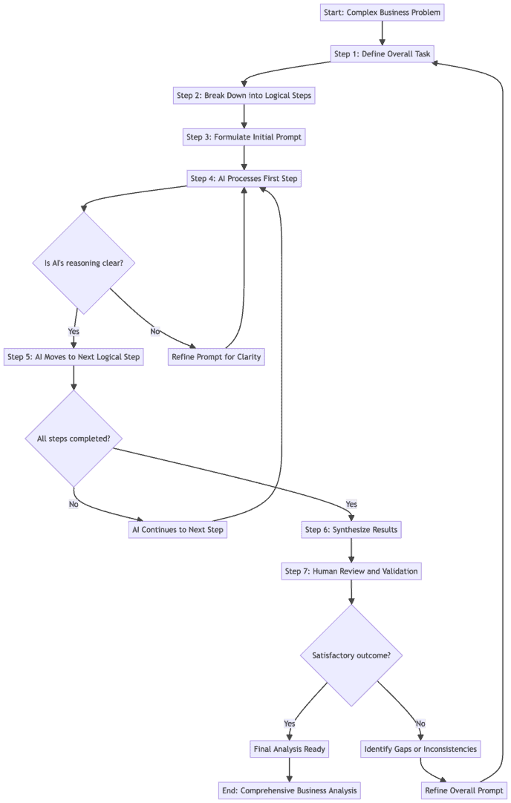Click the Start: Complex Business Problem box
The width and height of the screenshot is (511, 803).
tap(383, 13)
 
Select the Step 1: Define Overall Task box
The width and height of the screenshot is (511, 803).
tap(383, 54)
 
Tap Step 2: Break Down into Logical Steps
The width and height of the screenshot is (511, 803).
tap(244, 96)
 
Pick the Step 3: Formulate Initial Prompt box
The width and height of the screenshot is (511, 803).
tap(244, 137)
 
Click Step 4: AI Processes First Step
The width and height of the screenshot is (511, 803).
tap(244, 179)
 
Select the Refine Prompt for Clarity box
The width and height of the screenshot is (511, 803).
tap(217, 357)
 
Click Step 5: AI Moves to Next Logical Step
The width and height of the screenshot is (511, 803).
tap(74, 357)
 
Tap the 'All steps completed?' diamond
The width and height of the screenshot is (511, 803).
tap(74, 439)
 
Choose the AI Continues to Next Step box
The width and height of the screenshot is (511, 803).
tap(178, 530)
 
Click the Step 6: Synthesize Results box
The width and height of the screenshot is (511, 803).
tap(351, 530)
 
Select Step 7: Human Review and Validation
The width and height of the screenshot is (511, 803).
tap(351, 571)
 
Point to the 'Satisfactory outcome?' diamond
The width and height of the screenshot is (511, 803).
tap(351, 656)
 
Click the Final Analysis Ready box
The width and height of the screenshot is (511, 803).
tap(289, 749)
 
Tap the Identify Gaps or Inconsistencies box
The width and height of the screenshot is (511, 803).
tap(420, 749)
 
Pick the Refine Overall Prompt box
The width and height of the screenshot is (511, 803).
tap(463, 790)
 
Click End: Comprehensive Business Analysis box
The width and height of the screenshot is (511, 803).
tap(289, 790)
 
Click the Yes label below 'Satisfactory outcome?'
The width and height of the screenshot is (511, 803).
tap(289, 724)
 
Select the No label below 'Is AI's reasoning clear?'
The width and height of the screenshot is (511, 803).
tap(154, 332)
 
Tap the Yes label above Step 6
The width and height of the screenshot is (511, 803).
tap(351, 505)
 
